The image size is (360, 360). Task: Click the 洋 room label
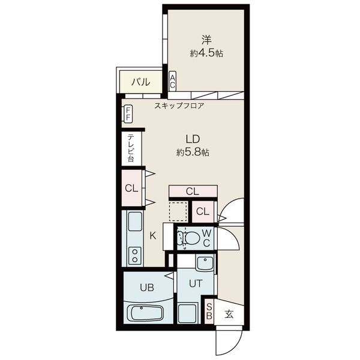click(206, 40)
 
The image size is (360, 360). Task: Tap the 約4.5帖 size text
click(206, 53)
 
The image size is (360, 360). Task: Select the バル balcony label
click(141, 82)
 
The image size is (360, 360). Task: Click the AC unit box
click(172, 81)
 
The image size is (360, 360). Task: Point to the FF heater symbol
click(128, 113)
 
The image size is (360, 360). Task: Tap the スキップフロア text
click(179, 106)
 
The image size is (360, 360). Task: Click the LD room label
click(193, 139)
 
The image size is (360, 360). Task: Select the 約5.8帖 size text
click(193, 152)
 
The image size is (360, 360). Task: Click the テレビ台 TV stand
click(131, 148)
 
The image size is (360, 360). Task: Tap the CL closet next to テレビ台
click(131, 188)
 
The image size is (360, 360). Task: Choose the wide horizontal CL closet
click(193, 191)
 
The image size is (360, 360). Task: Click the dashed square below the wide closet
click(178, 212)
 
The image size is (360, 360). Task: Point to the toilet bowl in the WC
click(193, 238)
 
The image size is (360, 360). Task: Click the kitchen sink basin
click(135, 221)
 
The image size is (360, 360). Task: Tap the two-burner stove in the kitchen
click(135, 255)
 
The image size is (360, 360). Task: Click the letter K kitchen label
click(153, 236)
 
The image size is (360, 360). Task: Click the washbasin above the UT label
click(205, 263)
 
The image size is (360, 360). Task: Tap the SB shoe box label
click(209, 311)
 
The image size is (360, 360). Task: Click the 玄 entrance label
click(229, 314)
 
